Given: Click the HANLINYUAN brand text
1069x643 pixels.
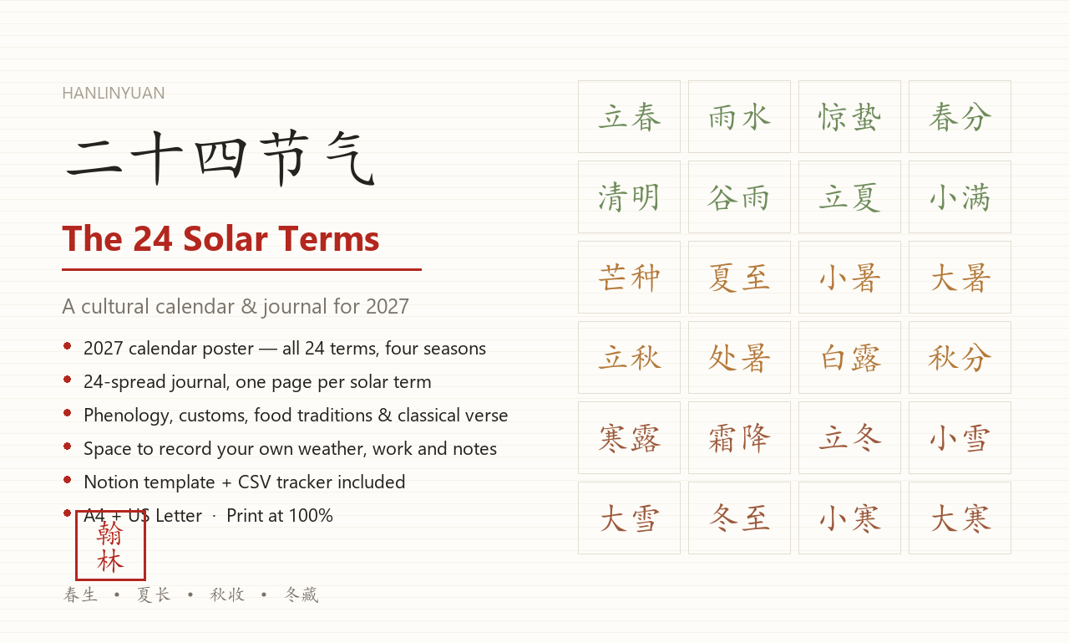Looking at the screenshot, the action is [x=113, y=93].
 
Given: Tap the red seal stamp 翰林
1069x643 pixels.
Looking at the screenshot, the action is [x=110, y=545].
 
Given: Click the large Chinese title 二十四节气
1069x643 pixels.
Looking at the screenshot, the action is [x=220, y=158].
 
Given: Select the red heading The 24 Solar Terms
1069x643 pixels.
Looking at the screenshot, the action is [x=220, y=238].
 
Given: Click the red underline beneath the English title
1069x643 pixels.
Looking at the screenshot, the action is [x=241, y=269].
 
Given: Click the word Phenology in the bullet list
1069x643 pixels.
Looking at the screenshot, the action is [x=126, y=416].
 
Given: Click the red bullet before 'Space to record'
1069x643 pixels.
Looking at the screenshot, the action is [x=68, y=447].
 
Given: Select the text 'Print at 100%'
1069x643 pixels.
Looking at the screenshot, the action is [x=280, y=515].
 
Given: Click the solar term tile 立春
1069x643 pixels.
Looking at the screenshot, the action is [x=629, y=116].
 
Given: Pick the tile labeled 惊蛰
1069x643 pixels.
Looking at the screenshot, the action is [x=849, y=116].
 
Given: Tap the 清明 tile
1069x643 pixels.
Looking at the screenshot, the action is [x=629, y=196].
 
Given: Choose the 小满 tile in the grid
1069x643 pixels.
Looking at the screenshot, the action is [x=960, y=196].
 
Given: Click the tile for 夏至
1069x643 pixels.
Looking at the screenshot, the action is [x=739, y=277].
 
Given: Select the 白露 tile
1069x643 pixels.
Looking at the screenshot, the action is [x=849, y=357].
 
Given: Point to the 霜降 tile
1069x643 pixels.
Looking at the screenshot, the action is [x=739, y=437].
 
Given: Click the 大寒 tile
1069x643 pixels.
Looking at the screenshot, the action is [x=960, y=518].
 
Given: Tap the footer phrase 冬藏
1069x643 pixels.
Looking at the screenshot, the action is [x=301, y=595].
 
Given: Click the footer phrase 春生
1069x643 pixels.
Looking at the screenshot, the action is [x=80, y=595].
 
